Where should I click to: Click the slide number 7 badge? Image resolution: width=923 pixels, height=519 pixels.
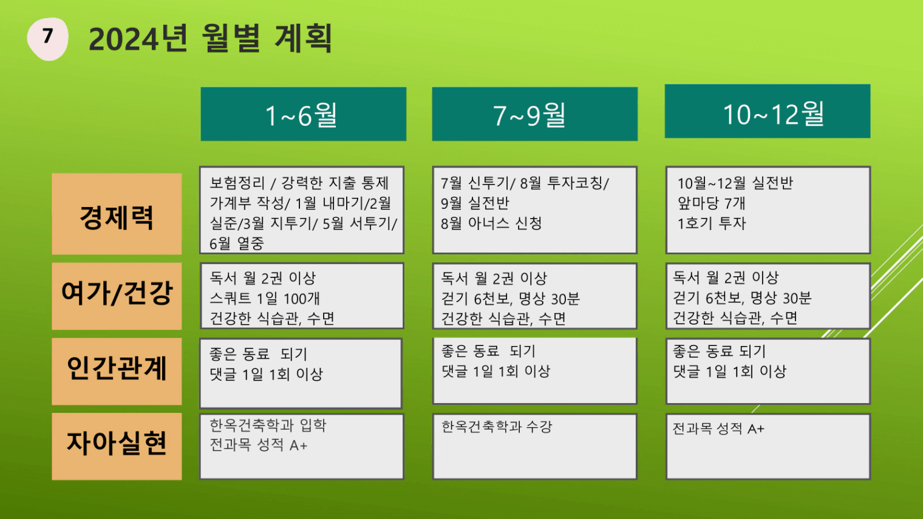47,38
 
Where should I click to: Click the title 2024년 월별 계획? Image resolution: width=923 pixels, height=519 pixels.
210,38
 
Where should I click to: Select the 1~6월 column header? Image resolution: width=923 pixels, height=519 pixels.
303,114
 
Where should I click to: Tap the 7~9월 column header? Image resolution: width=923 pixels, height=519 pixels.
534,114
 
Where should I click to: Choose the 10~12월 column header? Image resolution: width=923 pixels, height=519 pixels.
768,111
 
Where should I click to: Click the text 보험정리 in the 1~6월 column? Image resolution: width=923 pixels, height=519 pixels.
237,183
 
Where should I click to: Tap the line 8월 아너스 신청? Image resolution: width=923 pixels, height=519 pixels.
491,223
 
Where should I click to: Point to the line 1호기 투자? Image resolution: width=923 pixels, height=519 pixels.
712,223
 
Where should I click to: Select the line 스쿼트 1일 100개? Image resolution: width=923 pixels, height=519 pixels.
265,298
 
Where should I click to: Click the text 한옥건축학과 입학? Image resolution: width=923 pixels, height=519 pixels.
268,425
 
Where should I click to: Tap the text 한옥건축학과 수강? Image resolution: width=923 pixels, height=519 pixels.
497,427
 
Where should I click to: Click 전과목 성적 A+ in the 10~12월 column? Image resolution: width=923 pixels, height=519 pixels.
718,429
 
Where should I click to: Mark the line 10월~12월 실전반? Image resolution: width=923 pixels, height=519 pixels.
735,183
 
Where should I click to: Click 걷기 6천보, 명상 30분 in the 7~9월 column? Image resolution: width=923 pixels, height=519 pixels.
510,299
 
